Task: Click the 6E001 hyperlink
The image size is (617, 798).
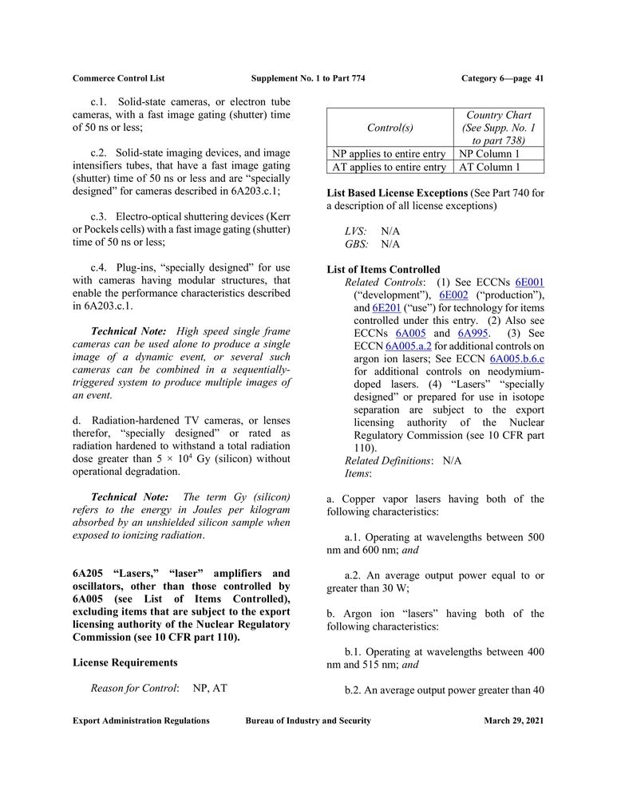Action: point(530,282)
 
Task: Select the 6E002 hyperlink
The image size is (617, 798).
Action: point(454,295)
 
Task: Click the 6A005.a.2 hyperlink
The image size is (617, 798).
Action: point(409,346)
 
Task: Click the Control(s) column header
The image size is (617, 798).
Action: point(390,128)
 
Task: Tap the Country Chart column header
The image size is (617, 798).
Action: point(499,128)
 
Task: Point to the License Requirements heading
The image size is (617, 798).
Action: point(125,662)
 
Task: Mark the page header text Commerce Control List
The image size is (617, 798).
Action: point(118,78)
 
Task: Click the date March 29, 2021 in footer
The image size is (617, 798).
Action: point(513,721)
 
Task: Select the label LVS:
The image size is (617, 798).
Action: point(356,231)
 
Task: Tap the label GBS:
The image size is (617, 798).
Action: point(357,244)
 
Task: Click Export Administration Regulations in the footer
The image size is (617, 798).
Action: point(141,721)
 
